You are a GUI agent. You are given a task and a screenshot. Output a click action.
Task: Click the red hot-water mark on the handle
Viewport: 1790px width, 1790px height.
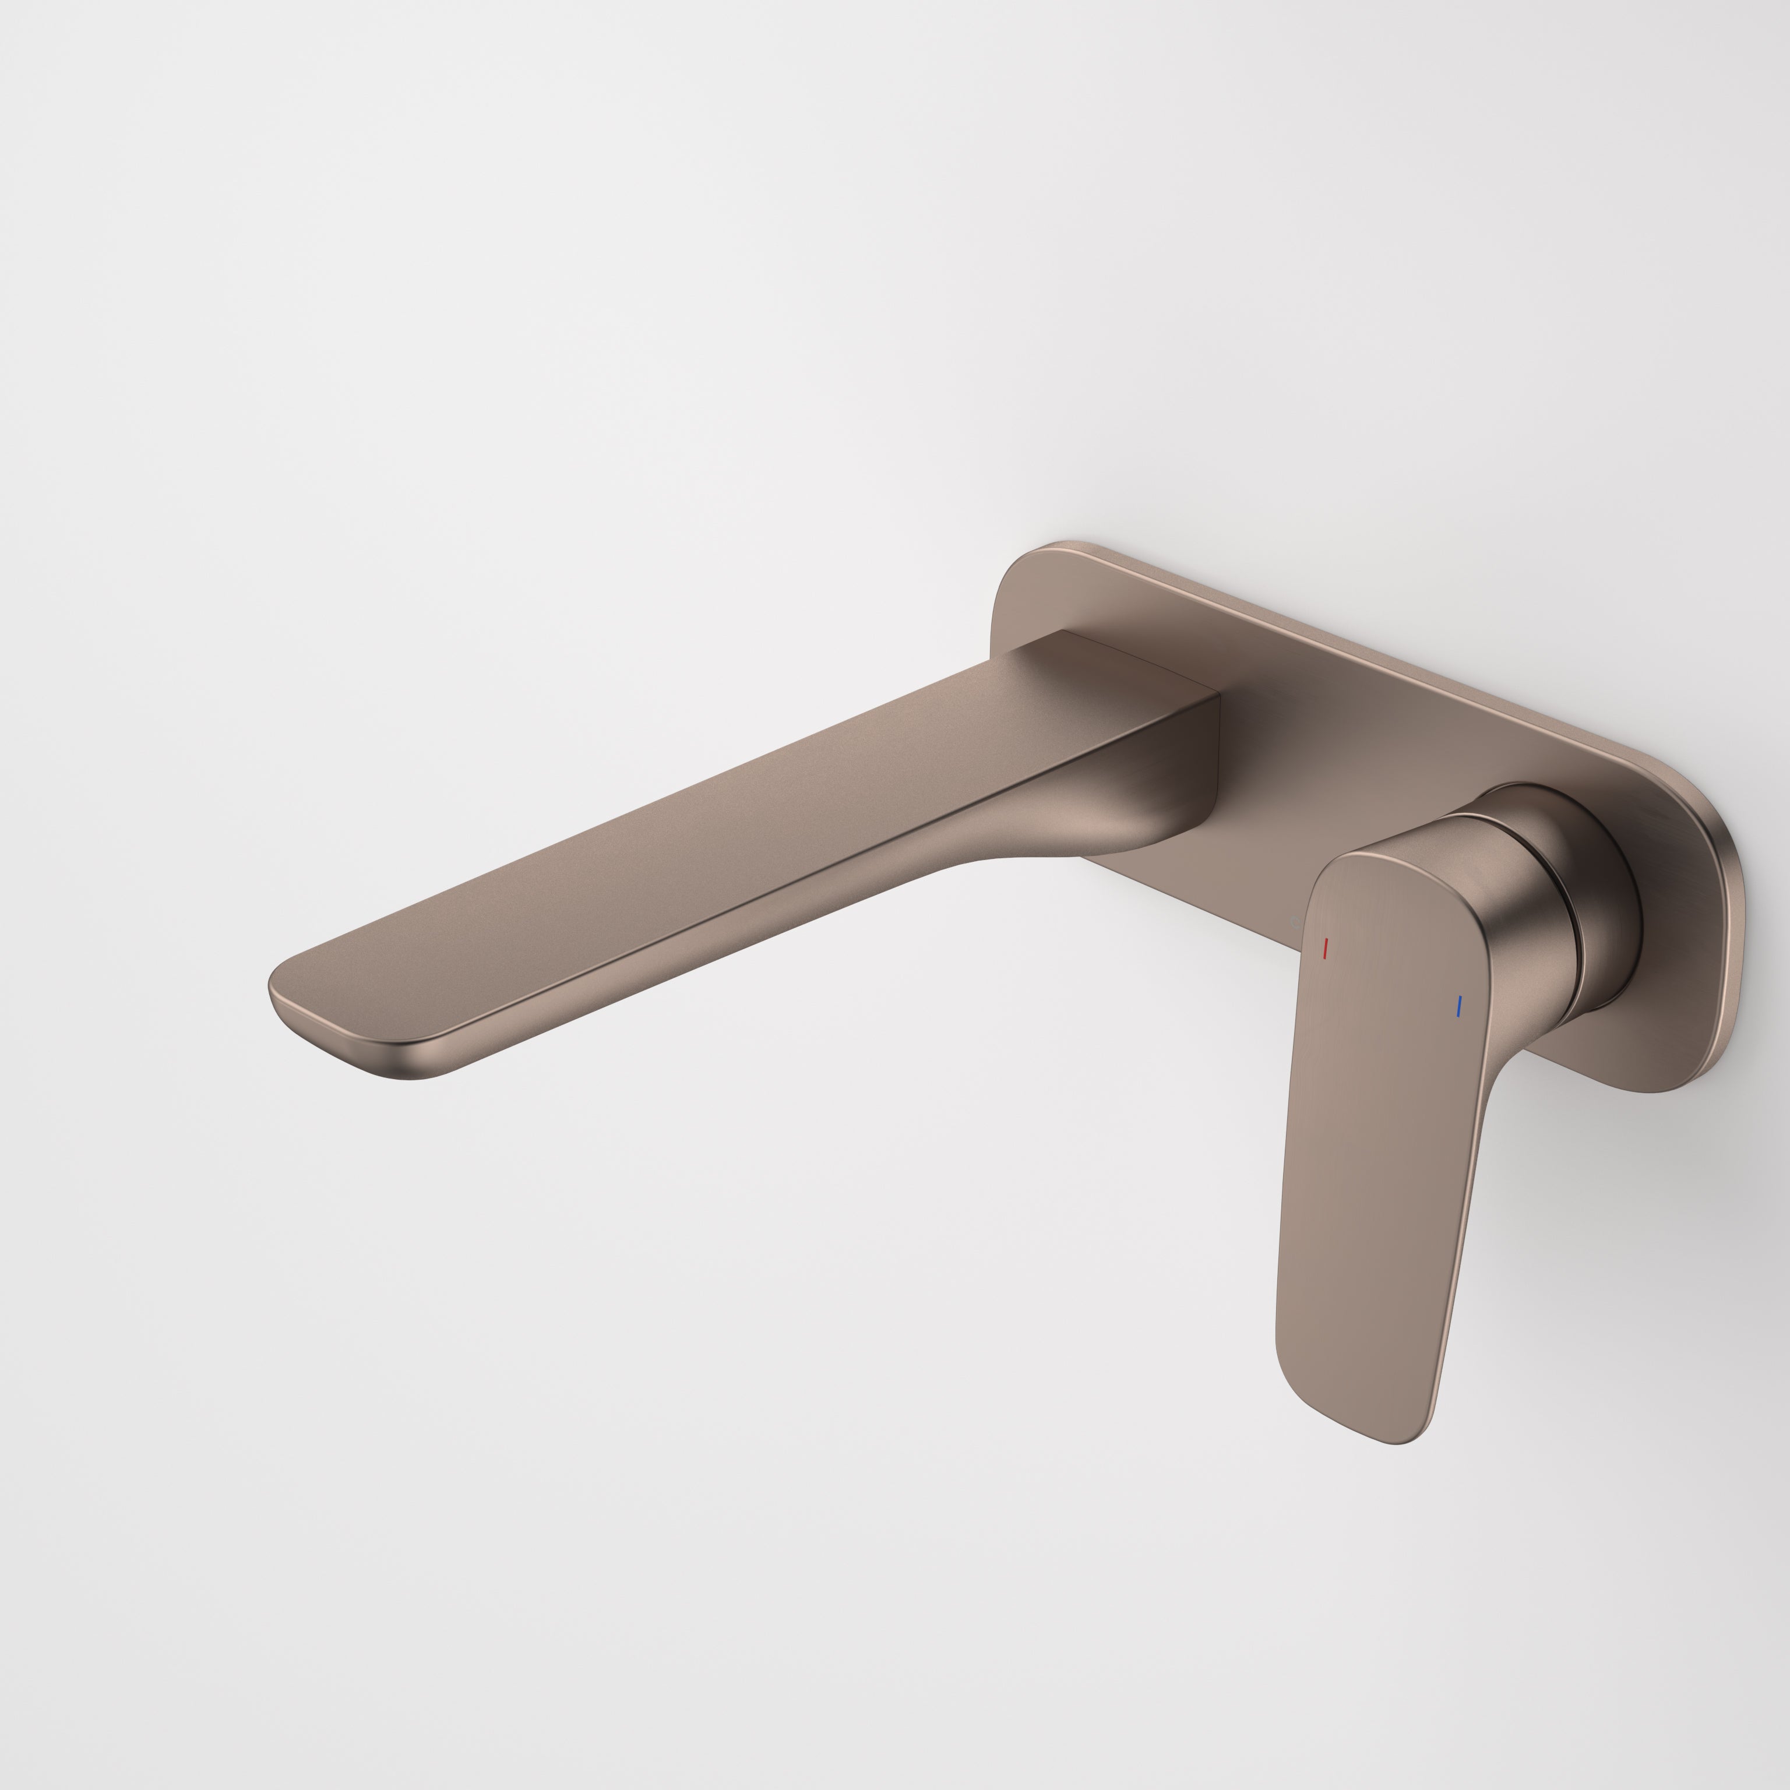1326,948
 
